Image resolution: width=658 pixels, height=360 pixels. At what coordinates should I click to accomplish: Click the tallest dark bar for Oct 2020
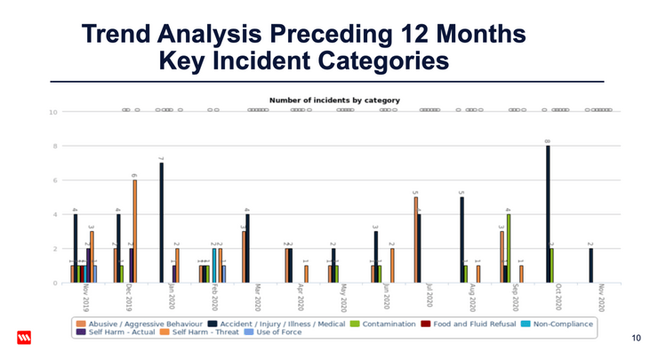[548, 214]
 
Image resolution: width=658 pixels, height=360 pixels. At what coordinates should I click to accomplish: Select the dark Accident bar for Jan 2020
[161, 223]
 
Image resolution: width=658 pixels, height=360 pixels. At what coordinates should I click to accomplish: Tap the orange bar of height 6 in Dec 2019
[135, 232]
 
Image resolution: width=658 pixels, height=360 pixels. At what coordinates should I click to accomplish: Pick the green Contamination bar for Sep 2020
[509, 249]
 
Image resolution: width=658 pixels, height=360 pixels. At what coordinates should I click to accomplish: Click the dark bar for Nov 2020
[590, 266]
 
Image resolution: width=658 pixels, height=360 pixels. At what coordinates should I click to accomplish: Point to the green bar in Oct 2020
[552, 266]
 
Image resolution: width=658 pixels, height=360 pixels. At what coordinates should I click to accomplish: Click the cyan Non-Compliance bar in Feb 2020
[214, 266]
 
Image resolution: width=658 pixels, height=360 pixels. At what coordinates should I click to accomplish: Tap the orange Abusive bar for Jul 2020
[415, 240]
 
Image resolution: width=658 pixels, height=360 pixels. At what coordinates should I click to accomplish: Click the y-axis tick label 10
[52, 113]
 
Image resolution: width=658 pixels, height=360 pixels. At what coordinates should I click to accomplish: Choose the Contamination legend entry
[386, 324]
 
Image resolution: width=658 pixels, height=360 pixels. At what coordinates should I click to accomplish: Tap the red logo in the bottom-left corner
[24, 338]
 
